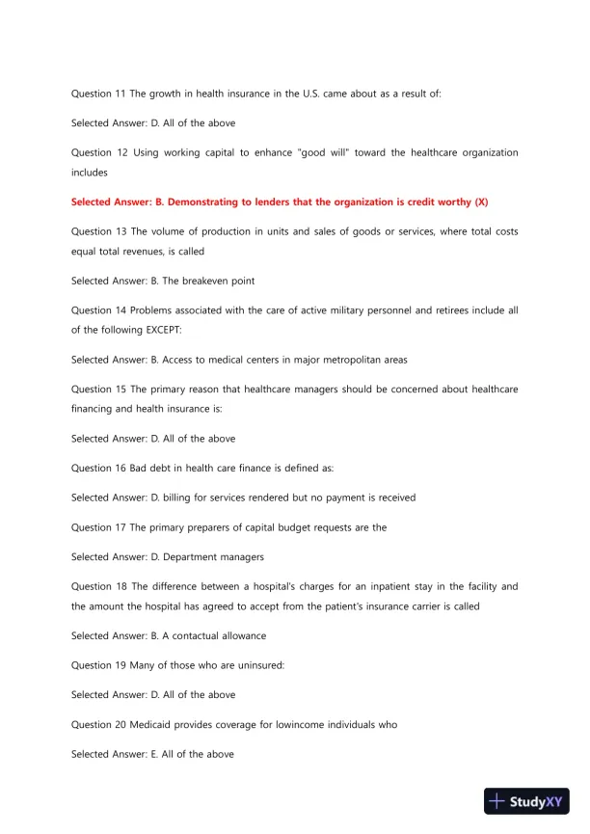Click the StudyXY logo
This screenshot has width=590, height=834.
[x=526, y=801]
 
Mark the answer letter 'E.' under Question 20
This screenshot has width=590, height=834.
[x=160, y=754]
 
